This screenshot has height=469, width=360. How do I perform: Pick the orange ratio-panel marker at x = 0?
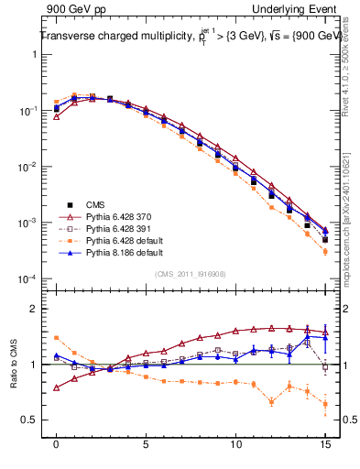pyautogui.click(x=57, y=338)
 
